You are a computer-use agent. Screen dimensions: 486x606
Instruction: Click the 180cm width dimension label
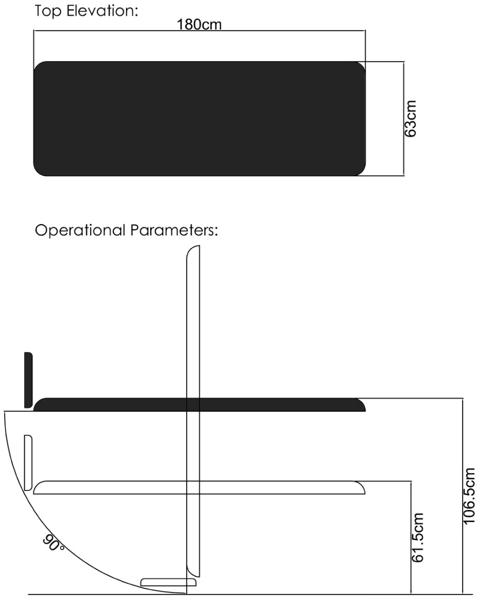(x=199, y=25)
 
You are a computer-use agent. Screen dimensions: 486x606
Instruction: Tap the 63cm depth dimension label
(x=411, y=119)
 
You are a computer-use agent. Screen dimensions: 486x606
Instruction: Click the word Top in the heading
(x=48, y=12)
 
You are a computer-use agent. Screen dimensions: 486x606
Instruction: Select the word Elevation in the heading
(x=102, y=11)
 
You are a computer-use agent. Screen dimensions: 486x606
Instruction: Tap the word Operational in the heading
(x=80, y=230)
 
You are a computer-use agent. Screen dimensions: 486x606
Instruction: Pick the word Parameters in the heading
(x=174, y=230)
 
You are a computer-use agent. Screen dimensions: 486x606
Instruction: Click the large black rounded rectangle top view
(x=199, y=119)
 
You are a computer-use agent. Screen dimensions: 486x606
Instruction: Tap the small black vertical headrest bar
(x=28, y=380)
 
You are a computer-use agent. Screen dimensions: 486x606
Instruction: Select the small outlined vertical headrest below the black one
(x=28, y=463)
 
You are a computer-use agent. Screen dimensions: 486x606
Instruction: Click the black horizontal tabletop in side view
(x=199, y=405)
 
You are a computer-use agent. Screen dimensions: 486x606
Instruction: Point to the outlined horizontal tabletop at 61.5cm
(x=199, y=487)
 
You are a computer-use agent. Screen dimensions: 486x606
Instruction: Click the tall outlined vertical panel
(x=193, y=411)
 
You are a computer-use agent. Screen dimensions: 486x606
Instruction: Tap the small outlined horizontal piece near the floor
(x=168, y=582)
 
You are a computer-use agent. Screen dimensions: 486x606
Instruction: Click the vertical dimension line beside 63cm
(x=404, y=119)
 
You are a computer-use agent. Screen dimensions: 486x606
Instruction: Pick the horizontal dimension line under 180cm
(x=199, y=31)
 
